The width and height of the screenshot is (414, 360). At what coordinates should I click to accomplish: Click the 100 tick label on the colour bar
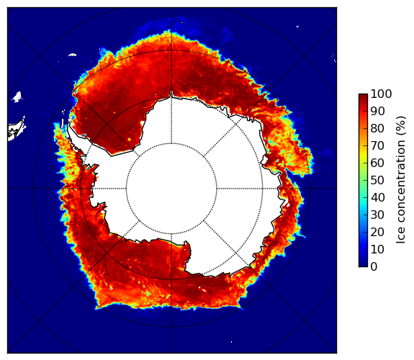coord(381,94)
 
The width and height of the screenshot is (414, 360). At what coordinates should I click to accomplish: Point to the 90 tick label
coord(377,111)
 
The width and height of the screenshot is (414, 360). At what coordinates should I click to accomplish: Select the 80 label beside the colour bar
coord(377,129)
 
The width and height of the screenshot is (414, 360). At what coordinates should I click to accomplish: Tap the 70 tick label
coord(377,145)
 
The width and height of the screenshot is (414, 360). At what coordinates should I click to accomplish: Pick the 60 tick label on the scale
coord(377,163)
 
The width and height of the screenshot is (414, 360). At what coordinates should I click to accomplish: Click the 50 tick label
coord(377,181)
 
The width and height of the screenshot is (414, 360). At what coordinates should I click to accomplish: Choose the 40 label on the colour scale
coord(377,197)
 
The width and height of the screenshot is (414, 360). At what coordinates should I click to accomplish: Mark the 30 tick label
coord(377,215)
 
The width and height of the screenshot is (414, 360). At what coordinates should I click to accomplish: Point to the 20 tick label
coord(377,232)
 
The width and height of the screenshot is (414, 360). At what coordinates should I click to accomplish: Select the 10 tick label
coord(377,249)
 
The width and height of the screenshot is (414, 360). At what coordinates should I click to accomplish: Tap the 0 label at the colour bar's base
coord(374,267)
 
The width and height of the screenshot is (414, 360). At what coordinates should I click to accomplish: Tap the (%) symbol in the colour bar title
coord(400,126)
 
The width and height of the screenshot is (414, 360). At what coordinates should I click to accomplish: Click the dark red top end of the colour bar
coord(363,95)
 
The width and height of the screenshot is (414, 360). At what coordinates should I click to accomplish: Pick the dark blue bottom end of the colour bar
coord(363,265)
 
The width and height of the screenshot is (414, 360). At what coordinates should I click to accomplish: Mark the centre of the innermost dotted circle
coord(171,189)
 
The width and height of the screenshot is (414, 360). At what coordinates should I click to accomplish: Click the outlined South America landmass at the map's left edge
coord(16,130)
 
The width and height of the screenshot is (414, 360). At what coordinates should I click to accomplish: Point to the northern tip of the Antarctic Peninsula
coord(69,123)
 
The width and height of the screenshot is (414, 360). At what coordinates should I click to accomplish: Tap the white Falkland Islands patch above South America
coord(17,96)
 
